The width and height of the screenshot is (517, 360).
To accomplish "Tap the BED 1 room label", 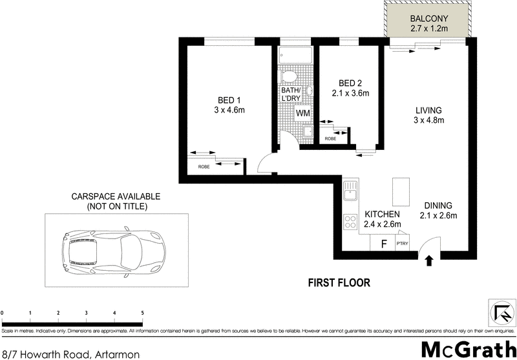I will (230, 100).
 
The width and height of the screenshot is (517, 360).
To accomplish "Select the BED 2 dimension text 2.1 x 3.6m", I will (350, 93).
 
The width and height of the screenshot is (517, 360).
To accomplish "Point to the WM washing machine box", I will (303, 113).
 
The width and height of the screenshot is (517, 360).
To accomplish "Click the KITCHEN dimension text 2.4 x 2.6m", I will (383, 224).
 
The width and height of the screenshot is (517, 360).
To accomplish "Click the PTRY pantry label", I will (401, 244).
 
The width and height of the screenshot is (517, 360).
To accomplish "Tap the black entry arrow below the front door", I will (428, 260).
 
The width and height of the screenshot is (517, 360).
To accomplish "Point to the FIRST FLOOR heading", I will (339, 282).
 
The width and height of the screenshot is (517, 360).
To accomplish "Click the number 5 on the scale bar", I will (142, 313).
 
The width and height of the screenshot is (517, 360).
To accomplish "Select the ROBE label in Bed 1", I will (204, 167).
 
